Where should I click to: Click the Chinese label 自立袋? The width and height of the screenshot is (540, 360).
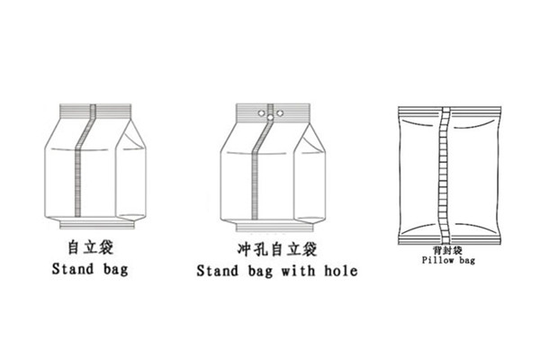click(91, 247)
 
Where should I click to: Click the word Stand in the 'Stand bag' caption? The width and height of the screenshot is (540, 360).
click(73, 269)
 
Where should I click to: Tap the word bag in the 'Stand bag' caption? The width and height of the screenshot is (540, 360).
click(115, 270)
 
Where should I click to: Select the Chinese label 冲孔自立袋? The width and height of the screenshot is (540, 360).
click(277, 249)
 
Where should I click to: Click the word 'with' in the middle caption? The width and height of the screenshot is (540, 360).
click(298, 271)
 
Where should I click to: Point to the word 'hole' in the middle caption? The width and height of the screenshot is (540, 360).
click(340, 271)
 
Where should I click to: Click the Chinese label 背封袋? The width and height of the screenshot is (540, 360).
click(447, 250)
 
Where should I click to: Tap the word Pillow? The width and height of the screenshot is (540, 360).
click(438, 260)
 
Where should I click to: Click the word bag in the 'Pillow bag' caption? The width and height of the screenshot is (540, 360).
click(467, 260)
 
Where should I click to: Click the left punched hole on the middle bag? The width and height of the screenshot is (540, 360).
click(261, 112)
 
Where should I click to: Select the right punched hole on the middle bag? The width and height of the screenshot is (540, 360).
click(280, 112)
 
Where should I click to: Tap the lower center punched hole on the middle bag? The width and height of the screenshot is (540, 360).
click(271, 118)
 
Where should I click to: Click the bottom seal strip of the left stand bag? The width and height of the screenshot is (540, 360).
click(97, 225)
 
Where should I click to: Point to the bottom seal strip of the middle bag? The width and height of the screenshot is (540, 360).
click(274, 228)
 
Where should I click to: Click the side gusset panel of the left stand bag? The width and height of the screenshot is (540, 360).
click(130, 172)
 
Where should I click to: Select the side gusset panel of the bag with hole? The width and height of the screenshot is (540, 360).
click(310, 174)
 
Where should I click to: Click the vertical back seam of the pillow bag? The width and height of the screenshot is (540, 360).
click(445, 175)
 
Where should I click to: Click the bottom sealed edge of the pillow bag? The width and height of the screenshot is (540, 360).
click(449, 241)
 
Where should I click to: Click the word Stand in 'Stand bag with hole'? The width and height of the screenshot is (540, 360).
click(217, 271)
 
